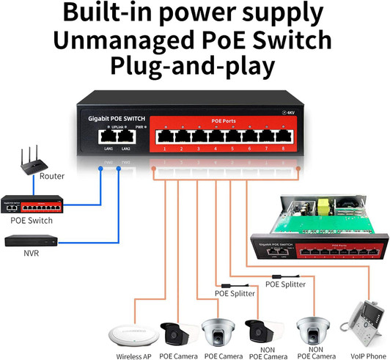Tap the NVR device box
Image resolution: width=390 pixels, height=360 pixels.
coord(30,240)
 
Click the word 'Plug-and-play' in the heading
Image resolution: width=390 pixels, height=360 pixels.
coord(193,66)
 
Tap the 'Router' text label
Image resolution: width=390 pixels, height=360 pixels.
coord(52,177)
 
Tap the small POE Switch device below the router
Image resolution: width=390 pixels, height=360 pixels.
coord(30,203)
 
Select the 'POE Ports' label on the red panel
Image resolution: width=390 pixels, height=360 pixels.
coord(224,120)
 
